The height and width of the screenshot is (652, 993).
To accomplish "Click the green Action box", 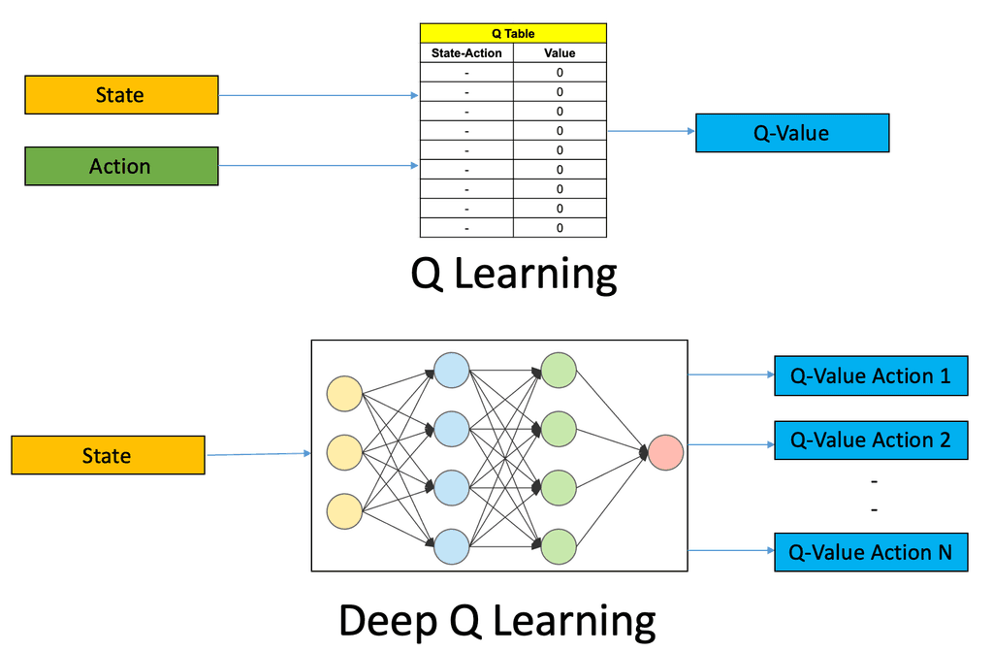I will (121, 166).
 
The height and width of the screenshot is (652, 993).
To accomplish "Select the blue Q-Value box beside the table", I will (792, 133).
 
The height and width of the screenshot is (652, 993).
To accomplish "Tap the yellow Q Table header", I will (513, 33).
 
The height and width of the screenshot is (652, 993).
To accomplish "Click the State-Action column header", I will (466, 53).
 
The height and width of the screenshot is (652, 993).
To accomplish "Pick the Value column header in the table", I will (560, 53).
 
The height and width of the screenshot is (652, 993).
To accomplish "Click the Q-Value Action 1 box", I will (871, 375).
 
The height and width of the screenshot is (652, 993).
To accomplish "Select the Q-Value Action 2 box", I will (871, 440).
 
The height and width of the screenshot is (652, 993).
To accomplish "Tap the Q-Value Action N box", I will (871, 552).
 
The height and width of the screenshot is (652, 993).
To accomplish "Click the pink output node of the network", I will (665, 452).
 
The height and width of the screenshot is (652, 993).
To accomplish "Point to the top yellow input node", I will (344, 395).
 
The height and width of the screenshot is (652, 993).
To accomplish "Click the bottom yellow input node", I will (344, 509).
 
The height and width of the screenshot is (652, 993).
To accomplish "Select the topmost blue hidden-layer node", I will (451, 370).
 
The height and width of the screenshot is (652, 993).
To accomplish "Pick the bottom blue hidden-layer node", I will (451, 545).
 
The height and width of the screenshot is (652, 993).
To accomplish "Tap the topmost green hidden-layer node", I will (559, 370).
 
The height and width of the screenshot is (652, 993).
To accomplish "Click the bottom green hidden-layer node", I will (559, 545).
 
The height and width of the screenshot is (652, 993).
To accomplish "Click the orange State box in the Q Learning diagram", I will (121, 95).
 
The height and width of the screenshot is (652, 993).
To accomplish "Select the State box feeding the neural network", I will (108, 455).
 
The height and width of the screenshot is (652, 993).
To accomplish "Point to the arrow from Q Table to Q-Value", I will (651, 131).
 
